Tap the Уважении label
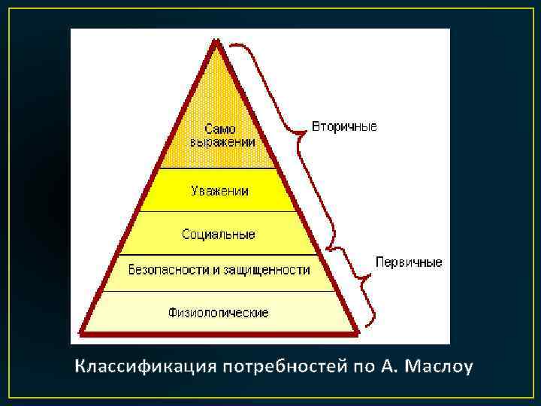(218, 191)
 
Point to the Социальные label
(218, 235)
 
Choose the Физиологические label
(218, 311)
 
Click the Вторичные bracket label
(344, 126)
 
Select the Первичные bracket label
(409, 262)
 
